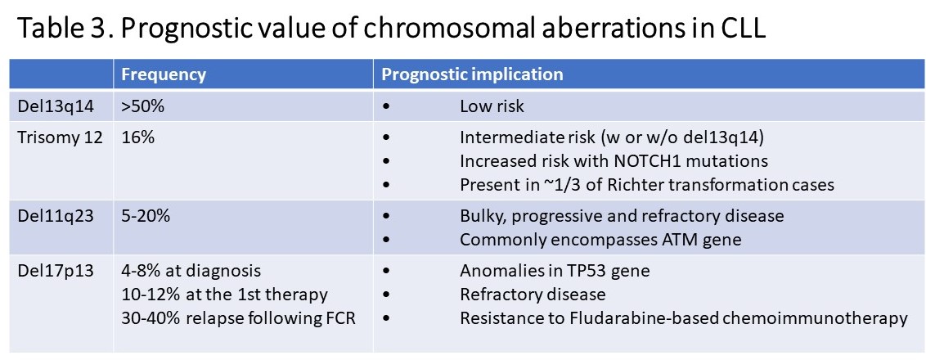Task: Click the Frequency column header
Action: tap(164, 74)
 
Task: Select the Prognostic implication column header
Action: tap(472, 74)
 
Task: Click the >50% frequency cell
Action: tap(142, 107)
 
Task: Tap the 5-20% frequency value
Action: tap(146, 216)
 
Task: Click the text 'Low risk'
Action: tap(492, 107)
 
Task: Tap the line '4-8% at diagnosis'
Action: tap(191, 271)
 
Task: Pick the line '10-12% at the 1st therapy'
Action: tap(224, 294)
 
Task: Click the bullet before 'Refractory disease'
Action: tap(387, 295)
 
